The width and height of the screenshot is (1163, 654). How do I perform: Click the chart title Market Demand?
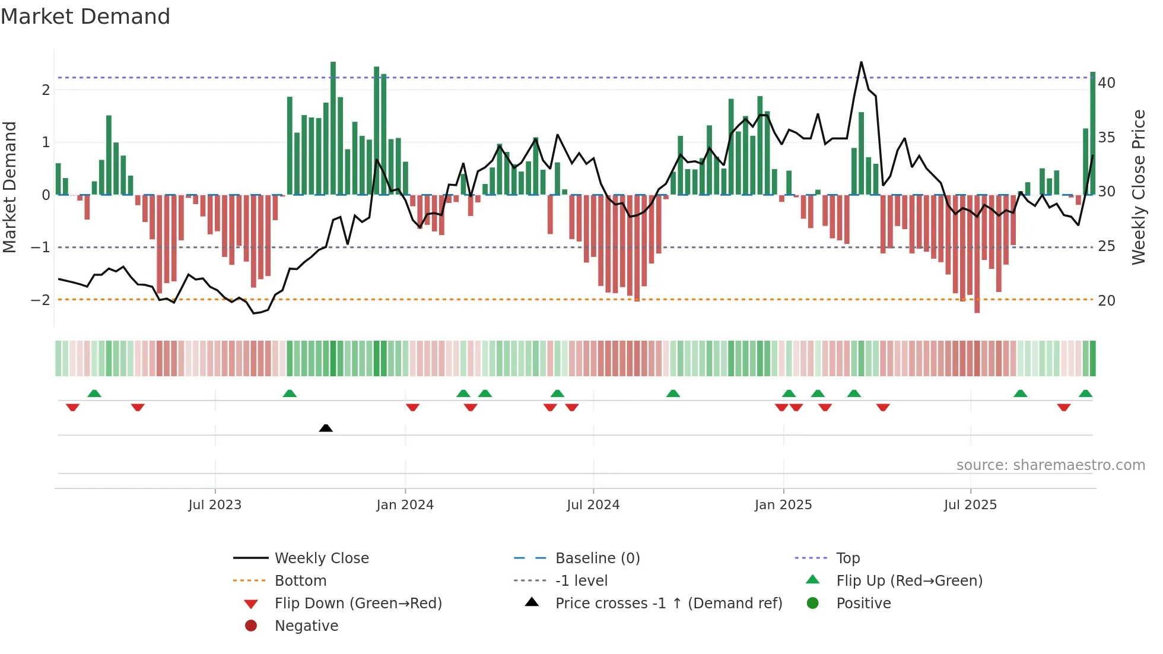click(85, 17)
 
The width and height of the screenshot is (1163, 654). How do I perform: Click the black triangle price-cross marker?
click(326, 428)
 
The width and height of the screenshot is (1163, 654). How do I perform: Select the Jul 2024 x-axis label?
click(593, 505)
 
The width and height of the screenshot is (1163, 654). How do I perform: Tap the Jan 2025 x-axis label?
click(783, 505)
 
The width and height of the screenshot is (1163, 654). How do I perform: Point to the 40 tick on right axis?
click(1107, 83)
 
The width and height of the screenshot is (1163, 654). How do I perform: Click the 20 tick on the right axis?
click(1107, 301)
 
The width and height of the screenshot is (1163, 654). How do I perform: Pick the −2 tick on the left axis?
click(40, 300)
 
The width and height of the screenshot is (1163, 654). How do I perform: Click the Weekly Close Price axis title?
click(1138, 187)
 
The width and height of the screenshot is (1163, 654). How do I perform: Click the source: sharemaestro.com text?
click(1050, 465)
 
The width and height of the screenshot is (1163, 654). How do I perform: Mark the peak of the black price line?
click(861, 62)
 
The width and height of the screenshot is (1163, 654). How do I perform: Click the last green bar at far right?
click(1093, 134)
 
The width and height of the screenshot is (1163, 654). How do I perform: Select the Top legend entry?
click(848, 558)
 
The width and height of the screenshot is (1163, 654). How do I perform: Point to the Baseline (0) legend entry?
click(597, 558)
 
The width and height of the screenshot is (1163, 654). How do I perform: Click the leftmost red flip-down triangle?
click(72, 407)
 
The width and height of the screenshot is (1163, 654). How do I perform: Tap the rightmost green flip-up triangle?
click(1085, 393)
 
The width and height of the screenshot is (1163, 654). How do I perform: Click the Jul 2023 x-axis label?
click(215, 505)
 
